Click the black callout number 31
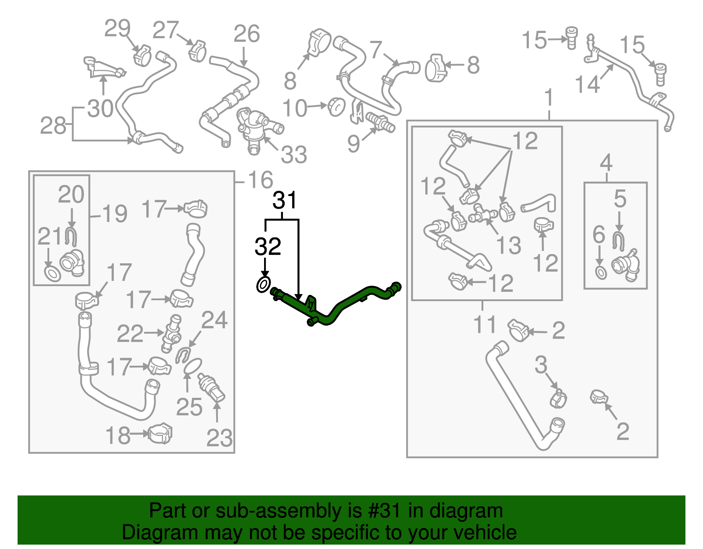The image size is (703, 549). [285, 200]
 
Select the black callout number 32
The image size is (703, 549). [268, 247]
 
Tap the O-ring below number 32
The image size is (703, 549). [263, 285]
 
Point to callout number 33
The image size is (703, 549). [294, 155]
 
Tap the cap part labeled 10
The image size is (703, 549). [337, 106]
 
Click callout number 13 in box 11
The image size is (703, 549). [508, 245]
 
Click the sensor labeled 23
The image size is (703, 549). [212, 387]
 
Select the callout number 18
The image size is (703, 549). [118, 436]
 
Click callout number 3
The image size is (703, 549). [541, 365]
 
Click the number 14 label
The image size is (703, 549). [587, 84]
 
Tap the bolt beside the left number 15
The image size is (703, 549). [571, 38]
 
